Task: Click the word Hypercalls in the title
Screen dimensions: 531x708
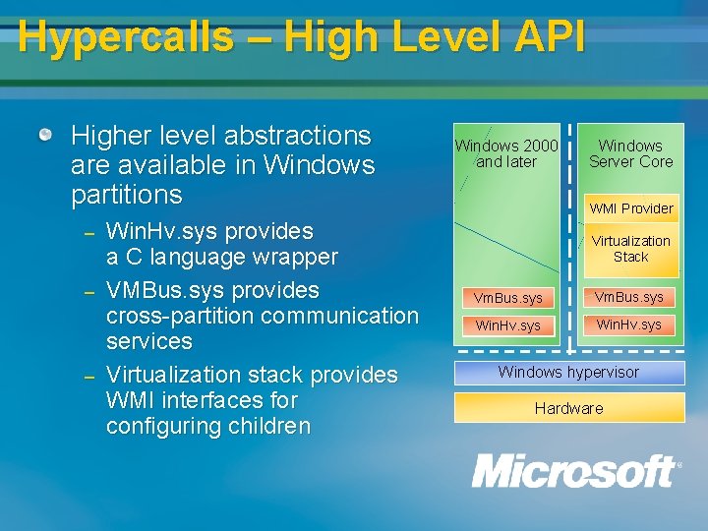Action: (x=125, y=38)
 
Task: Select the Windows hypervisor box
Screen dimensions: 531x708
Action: (x=568, y=373)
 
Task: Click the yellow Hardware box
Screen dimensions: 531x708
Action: (x=568, y=408)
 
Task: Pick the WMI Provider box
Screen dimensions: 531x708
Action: (x=631, y=208)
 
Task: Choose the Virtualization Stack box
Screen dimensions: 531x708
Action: (x=631, y=249)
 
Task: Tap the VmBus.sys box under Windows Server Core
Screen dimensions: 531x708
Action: (x=629, y=297)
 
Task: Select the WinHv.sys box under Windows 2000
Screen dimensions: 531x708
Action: (x=507, y=325)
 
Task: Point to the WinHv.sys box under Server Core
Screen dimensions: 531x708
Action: (x=629, y=324)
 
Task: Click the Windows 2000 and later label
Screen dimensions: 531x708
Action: (x=506, y=154)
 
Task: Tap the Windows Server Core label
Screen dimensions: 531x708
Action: (x=631, y=154)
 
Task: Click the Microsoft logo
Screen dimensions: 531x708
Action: (x=575, y=472)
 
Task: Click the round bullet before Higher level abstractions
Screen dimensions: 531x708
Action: (x=45, y=135)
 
